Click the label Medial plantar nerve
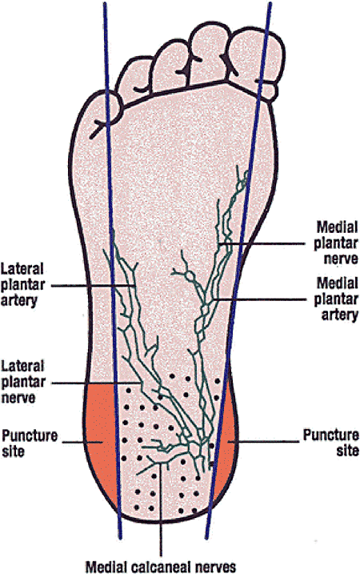point(336,243)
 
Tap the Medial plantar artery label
point(336,299)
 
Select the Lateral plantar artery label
point(22,284)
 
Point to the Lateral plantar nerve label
point(22,382)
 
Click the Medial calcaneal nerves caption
point(161,566)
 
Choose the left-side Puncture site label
point(30,443)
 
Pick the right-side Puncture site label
point(330,442)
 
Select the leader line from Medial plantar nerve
point(262,243)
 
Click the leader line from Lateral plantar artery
point(94,285)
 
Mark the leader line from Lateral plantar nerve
point(96,383)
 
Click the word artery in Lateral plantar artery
point(19,300)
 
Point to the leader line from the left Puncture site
point(82,442)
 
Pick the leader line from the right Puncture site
point(262,441)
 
